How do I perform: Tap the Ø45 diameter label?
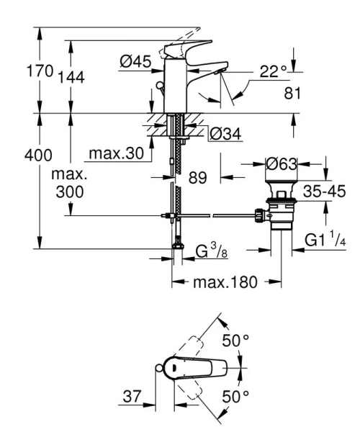(x=135, y=62)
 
